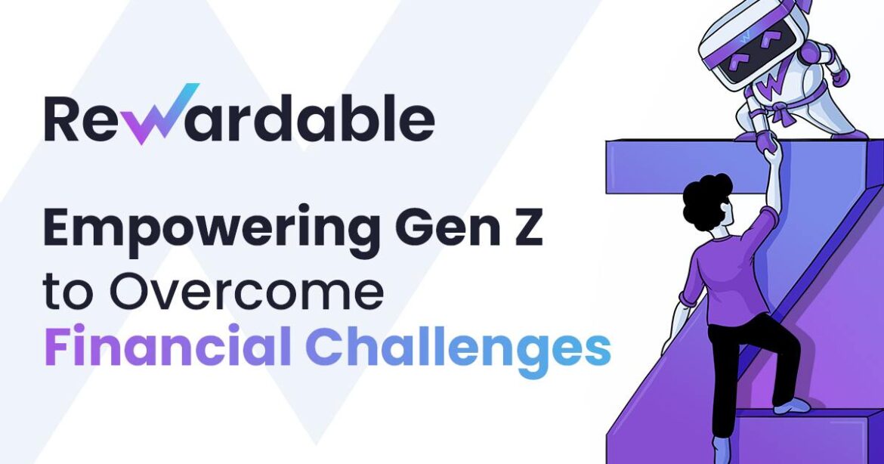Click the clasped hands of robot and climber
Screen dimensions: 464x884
click(x=769, y=152)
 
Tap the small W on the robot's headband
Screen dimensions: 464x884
click(x=725, y=34)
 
